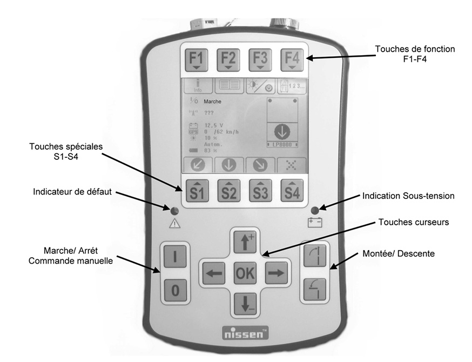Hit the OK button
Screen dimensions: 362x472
point(244,273)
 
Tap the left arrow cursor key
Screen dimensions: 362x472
point(214,273)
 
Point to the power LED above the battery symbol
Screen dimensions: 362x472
point(314,209)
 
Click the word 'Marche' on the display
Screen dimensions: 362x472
point(213,101)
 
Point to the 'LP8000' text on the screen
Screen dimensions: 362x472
point(284,146)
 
